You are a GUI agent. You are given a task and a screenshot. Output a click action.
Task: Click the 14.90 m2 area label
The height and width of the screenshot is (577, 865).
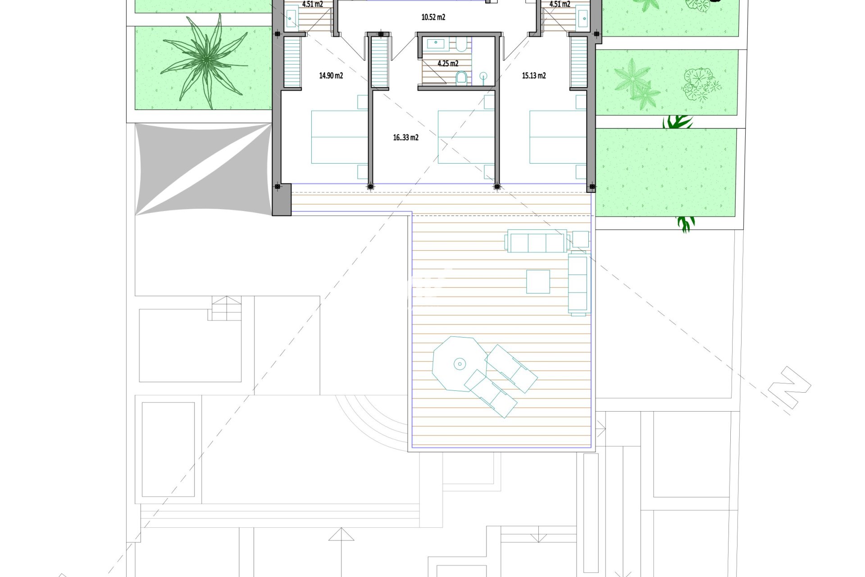[331, 76]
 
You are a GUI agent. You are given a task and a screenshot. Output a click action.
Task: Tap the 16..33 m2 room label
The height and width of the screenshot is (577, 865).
[405, 137]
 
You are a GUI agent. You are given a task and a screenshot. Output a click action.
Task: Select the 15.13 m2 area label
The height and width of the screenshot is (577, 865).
[534, 76]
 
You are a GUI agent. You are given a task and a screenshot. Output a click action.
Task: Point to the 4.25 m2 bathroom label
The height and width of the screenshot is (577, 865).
[448, 64]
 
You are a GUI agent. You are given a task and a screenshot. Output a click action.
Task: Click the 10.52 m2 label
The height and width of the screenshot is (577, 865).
[433, 18]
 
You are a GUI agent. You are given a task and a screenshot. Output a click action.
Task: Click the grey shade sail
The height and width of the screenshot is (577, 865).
[203, 170]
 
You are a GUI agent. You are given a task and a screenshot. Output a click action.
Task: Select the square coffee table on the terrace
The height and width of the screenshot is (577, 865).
[538, 282]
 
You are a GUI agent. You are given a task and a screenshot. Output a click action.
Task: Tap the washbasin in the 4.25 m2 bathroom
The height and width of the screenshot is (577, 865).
[435, 44]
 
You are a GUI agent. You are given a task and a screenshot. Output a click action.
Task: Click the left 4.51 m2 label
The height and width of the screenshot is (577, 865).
[313, 5]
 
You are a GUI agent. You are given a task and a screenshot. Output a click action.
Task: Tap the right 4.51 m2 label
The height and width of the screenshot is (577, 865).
[560, 5]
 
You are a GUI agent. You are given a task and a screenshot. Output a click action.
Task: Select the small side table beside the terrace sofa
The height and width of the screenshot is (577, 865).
[581, 239]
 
